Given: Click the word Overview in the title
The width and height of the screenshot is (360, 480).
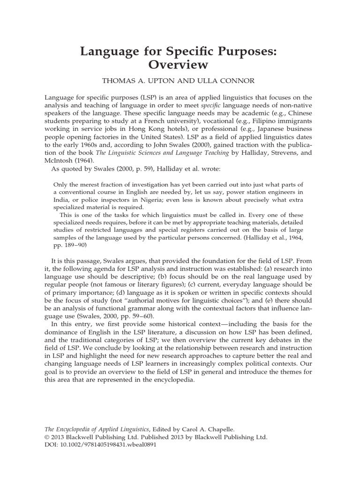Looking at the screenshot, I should (x=180, y=63).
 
